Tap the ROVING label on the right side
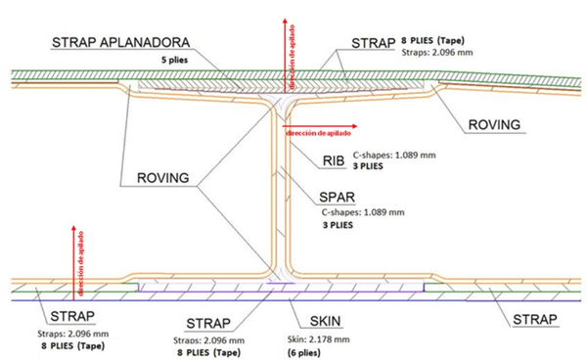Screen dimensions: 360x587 click(493, 124)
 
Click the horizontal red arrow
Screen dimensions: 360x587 click(319, 125)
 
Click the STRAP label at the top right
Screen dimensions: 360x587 click(373, 43)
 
